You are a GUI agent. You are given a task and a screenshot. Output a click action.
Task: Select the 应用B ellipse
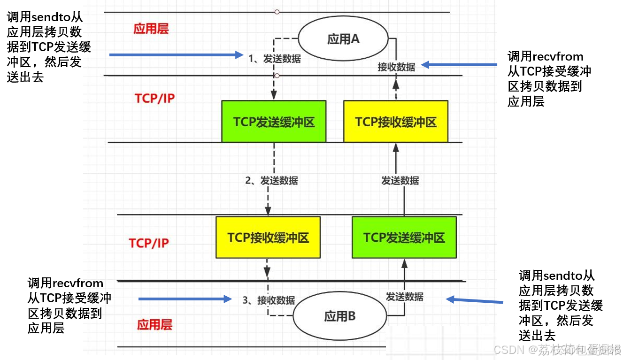click(340, 316)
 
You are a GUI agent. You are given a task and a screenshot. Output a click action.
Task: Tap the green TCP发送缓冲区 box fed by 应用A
click(274, 122)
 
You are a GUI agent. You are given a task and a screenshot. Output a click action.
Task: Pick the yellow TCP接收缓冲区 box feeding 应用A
click(396, 122)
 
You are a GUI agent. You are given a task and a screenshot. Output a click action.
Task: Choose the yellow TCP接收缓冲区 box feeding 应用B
click(268, 237)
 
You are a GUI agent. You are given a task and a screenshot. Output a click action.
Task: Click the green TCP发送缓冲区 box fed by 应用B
click(404, 237)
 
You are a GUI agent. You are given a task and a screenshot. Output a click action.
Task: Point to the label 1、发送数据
click(275, 59)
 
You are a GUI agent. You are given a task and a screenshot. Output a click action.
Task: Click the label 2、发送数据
click(272, 181)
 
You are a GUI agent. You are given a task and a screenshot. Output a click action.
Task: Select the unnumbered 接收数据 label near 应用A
click(396, 67)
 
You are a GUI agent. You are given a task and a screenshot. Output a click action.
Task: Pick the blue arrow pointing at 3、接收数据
click(185, 299)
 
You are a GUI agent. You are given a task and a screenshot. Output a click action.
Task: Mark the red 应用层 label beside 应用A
click(151, 29)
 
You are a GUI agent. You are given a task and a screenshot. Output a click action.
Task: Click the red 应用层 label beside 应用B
click(154, 324)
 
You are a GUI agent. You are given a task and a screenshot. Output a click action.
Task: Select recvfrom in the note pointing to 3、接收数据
click(78, 283)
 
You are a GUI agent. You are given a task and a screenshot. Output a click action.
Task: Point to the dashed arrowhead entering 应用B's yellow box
click(267, 271)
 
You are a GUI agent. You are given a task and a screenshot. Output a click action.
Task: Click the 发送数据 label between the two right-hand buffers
click(400, 181)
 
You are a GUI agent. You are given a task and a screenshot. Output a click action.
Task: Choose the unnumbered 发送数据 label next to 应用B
click(404, 297)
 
